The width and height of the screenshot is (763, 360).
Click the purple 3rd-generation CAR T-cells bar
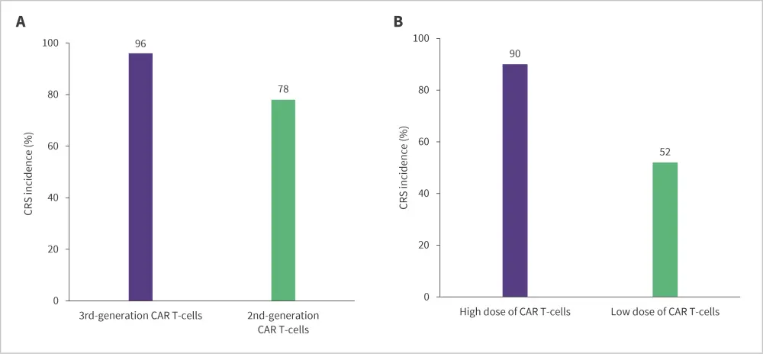(x=140, y=177)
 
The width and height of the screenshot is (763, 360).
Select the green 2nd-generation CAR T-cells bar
(x=283, y=200)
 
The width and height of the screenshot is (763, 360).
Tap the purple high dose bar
(x=515, y=180)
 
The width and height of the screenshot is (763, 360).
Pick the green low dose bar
(x=665, y=229)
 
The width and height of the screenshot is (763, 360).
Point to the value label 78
(x=283, y=90)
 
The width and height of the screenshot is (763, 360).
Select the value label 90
(x=515, y=54)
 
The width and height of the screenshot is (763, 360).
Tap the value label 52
(x=665, y=152)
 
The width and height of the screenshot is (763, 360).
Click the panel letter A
(x=21, y=22)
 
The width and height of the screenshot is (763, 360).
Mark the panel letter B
(x=398, y=22)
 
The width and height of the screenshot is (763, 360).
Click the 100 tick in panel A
(x=50, y=43)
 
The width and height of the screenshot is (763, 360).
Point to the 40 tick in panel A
(x=53, y=198)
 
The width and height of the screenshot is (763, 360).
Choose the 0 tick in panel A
(x=56, y=301)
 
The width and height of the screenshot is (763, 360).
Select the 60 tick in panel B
(x=425, y=142)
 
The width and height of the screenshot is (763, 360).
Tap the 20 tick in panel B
(x=425, y=246)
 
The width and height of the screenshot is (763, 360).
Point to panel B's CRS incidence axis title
(x=403, y=168)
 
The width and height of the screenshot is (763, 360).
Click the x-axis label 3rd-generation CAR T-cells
(x=140, y=316)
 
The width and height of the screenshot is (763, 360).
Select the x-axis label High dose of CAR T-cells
(x=515, y=312)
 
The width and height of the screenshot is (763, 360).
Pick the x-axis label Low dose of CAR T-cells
(x=665, y=312)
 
